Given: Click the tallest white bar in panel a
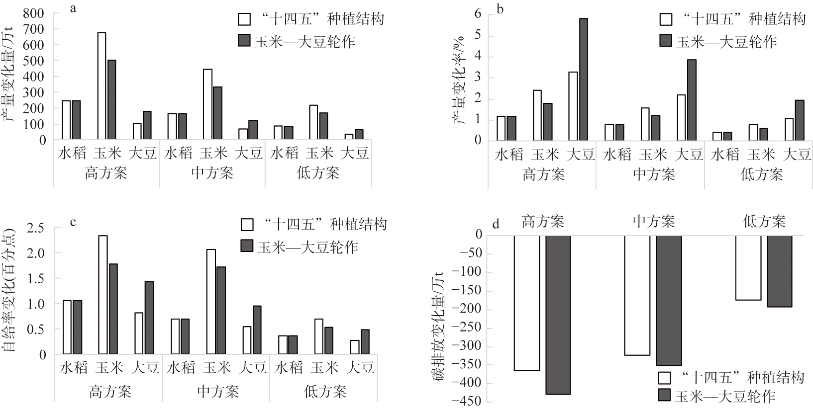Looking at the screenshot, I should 102,85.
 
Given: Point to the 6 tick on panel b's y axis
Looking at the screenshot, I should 478,13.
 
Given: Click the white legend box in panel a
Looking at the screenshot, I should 244,19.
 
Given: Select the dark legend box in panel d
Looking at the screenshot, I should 665,395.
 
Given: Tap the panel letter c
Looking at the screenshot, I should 73,222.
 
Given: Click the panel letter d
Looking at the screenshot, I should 496,225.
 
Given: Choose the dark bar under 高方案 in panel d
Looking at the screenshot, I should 558,315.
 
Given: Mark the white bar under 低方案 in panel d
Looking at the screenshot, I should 748,267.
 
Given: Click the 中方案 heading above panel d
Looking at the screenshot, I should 653,221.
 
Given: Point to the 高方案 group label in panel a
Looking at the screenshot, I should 105,173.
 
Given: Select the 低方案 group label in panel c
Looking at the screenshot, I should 325,392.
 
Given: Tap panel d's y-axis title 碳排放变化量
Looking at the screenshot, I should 440,328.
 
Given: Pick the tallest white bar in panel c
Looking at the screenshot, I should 103,295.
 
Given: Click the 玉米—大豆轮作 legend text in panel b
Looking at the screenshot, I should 726,41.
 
